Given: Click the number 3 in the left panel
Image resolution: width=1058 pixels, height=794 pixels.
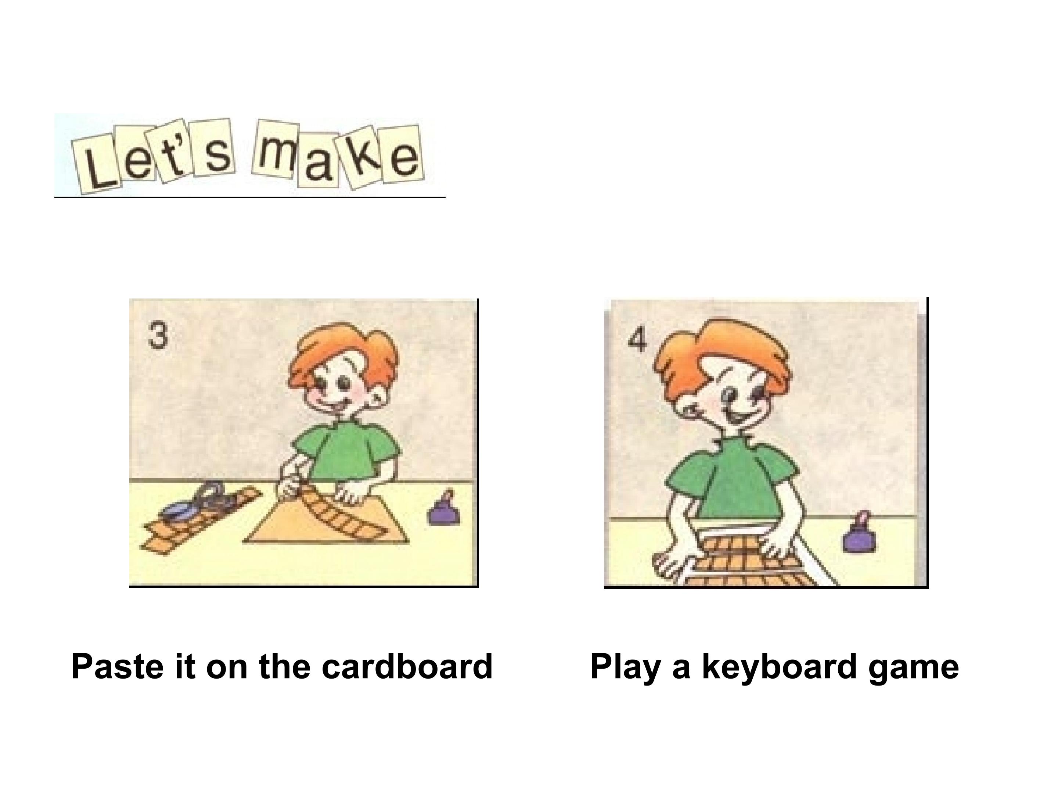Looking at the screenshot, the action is click(x=158, y=336).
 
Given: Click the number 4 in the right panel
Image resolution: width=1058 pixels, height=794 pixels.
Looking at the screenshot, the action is click(x=637, y=340).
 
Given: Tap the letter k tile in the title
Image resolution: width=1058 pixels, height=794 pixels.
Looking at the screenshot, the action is click(x=363, y=157).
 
